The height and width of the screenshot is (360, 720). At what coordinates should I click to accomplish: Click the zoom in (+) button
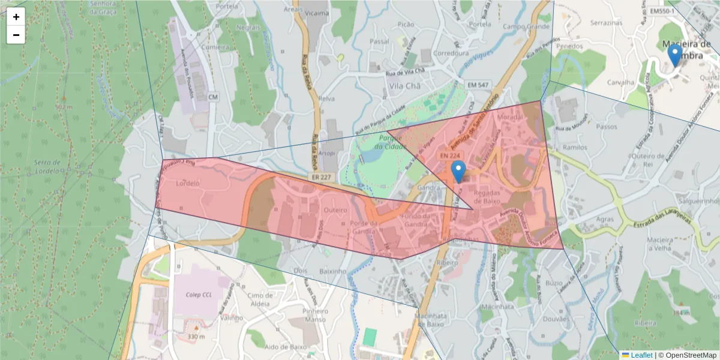click(x=16, y=17)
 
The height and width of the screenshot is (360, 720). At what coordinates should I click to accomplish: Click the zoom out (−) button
click(x=16, y=35)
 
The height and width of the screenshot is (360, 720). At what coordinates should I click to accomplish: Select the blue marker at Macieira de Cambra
click(x=675, y=56)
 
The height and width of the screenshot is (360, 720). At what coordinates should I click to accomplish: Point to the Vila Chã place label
click(x=403, y=86)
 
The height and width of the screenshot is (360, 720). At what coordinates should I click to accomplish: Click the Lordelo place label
click(x=188, y=184)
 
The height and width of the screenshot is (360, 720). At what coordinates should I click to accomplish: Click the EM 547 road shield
click(x=478, y=86)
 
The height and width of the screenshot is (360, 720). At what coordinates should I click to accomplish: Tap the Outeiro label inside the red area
click(x=335, y=210)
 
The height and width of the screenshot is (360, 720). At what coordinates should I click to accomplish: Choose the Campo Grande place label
click(x=526, y=27)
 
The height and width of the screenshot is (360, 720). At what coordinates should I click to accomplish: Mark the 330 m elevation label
click(x=196, y=337)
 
